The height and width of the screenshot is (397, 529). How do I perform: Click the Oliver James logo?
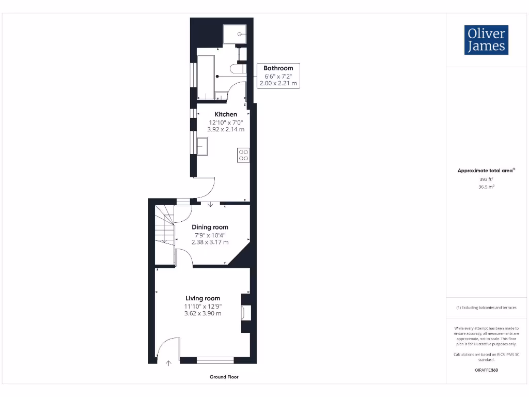click(x=486, y=40)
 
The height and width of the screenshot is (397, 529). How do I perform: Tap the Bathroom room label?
click(x=278, y=68)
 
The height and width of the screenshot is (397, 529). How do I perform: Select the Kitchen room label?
click(x=226, y=114)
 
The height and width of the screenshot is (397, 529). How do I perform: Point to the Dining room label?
click(x=210, y=227)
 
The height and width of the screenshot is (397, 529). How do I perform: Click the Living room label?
click(x=203, y=298)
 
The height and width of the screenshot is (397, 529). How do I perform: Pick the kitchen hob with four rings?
click(x=244, y=155)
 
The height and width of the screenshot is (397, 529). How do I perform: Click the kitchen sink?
click(x=201, y=146)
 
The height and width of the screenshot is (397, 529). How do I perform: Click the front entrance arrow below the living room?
click(x=168, y=363)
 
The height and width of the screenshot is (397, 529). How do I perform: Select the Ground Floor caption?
click(x=224, y=377)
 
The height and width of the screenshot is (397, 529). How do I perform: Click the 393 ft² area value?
click(x=486, y=179)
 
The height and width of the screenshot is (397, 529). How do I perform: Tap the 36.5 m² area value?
click(x=486, y=187)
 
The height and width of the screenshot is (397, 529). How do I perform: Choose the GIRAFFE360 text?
click(x=486, y=370)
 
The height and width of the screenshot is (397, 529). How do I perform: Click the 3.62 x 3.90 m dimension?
click(x=203, y=313)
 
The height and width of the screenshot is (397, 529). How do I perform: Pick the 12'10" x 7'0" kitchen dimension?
click(x=226, y=123)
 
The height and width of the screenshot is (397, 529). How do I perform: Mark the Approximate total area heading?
click(x=486, y=171)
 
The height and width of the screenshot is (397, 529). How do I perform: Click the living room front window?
click(x=215, y=360)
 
